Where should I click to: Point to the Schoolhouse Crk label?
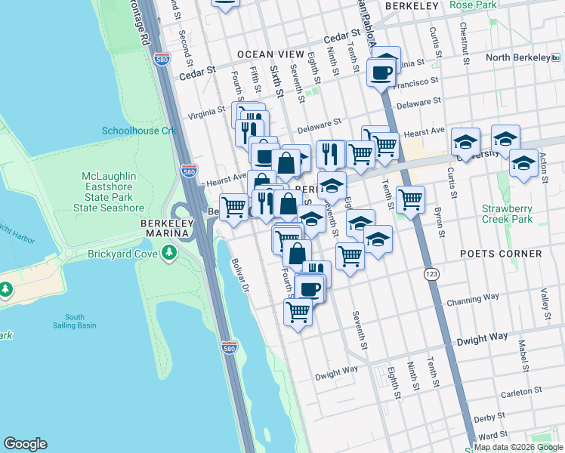139,131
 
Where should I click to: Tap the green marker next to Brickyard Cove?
169,254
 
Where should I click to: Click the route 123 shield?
431,273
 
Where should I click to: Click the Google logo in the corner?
25,444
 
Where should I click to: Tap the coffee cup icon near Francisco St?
381,73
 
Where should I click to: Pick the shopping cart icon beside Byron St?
410,199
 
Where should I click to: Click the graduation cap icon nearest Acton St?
523,162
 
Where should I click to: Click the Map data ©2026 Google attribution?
519,447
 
